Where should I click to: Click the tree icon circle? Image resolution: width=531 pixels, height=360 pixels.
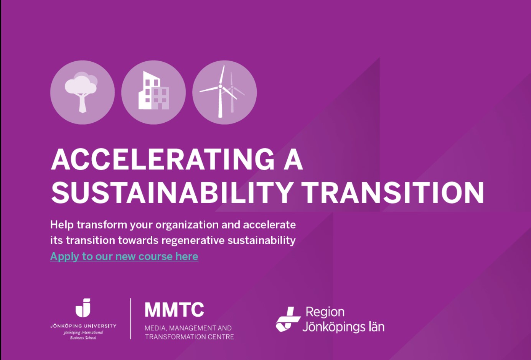(82, 92)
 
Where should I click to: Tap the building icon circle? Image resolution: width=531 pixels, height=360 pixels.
(153, 92)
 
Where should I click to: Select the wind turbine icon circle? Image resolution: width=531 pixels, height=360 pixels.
(224, 92)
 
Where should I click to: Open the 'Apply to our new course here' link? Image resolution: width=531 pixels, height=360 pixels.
(124, 256)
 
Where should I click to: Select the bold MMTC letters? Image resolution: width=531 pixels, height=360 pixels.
(174, 310)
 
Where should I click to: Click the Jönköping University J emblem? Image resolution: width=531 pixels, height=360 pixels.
(83, 308)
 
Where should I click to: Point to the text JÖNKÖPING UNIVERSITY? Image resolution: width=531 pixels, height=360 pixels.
(83, 326)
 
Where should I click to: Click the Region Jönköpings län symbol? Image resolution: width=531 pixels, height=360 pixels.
(288, 319)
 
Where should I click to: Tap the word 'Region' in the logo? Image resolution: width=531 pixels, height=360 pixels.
(325, 312)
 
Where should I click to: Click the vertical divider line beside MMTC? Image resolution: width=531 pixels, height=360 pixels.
(131, 319)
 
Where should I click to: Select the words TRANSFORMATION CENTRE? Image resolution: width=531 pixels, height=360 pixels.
(189, 337)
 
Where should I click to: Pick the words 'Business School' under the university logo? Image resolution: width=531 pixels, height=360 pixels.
(83, 338)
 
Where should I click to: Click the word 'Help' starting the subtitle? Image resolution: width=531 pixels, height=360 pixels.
(62, 225)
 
